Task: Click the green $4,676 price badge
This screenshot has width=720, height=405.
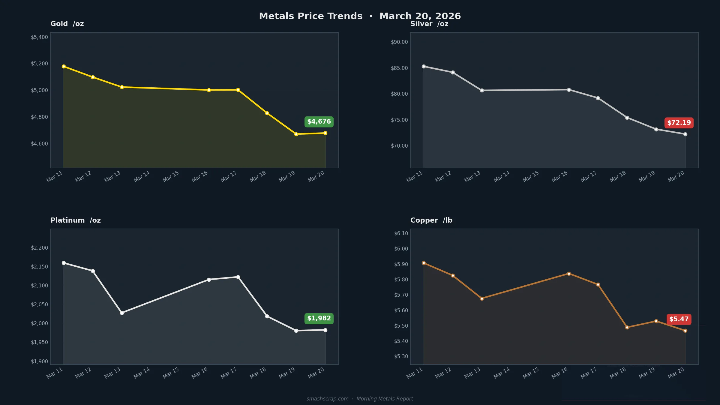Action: click(319, 122)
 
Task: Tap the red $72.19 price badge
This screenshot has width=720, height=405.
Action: click(679, 123)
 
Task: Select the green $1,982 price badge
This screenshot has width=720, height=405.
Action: click(319, 319)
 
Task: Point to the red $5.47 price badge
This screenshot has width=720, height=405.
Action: click(679, 319)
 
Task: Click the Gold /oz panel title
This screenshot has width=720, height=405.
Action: click(67, 24)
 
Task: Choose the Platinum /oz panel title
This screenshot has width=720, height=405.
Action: click(76, 220)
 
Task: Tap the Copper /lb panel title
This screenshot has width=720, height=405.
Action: click(431, 220)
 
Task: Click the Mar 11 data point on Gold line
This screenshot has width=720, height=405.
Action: click(64, 66)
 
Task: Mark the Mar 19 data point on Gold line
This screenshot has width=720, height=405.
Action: click(296, 134)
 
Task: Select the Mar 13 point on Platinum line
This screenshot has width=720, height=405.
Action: click(122, 313)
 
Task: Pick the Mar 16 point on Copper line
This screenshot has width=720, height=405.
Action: click(569, 274)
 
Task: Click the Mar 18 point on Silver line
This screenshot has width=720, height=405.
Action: click(627, 118)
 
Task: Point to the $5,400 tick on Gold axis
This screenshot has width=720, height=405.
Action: click(39, 37)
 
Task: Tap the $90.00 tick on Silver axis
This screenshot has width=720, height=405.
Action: click(399, 42)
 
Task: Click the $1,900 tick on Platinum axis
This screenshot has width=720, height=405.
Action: click(39, 361)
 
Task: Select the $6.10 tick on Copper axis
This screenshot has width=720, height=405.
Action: click(401, 233)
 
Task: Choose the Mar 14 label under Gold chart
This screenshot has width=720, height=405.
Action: click(142, 176)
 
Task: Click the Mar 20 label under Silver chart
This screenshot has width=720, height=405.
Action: click(676, 176)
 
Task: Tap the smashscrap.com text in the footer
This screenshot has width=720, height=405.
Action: click(327, 399)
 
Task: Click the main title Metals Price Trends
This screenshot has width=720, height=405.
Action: click(310, 16)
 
